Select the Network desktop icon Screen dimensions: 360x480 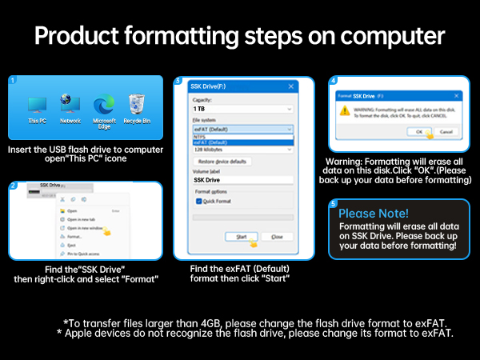[70, 105]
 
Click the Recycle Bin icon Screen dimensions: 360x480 [137, 105]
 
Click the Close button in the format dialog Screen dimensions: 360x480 [277, 237]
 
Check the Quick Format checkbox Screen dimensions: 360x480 [198, 202]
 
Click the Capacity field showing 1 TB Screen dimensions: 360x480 [240, 107]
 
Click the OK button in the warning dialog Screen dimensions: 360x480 [418, 131]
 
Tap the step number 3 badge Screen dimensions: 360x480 [178, 81]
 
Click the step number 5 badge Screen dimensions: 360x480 [334, 204]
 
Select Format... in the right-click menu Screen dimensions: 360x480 [75, 237]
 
